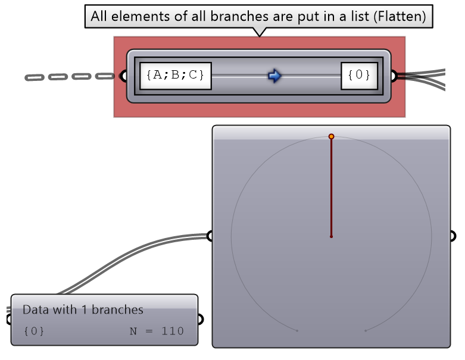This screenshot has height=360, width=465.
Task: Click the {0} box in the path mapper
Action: [359, 76]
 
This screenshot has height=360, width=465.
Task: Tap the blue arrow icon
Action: [274, 76]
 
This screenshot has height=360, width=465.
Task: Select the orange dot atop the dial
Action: [331, 137]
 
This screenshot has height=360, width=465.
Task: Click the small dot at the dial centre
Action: [331, 236]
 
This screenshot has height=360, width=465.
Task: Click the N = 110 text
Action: [157, 331]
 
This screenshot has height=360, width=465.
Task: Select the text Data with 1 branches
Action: [83, 309]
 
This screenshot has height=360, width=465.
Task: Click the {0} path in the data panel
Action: [34, 331]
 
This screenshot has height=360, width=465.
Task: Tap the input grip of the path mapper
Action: [124, 76]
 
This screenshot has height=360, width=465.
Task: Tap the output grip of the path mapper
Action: [393, 76]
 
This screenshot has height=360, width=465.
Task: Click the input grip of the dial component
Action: [210, 236]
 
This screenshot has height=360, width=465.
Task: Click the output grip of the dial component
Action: [452, 236]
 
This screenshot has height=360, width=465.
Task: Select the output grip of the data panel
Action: [200, 320]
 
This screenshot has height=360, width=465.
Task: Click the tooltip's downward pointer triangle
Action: [259, 32]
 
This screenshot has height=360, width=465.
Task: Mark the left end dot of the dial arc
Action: [297, 330]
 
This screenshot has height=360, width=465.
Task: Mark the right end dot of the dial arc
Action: [365, 330]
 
